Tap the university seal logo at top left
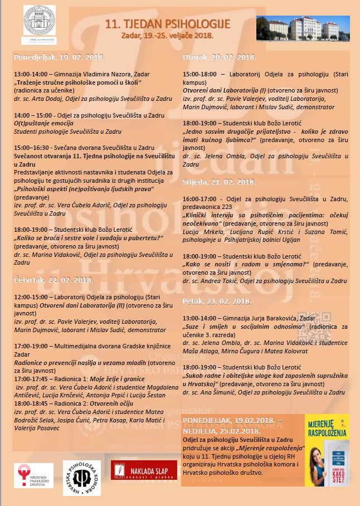[38, 21]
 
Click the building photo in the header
[303, 28]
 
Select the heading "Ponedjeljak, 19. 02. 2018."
[51, 57]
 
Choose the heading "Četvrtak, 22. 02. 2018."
[53, 280]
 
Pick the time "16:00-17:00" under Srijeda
[199, 198]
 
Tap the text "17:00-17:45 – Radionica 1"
[48, 379]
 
